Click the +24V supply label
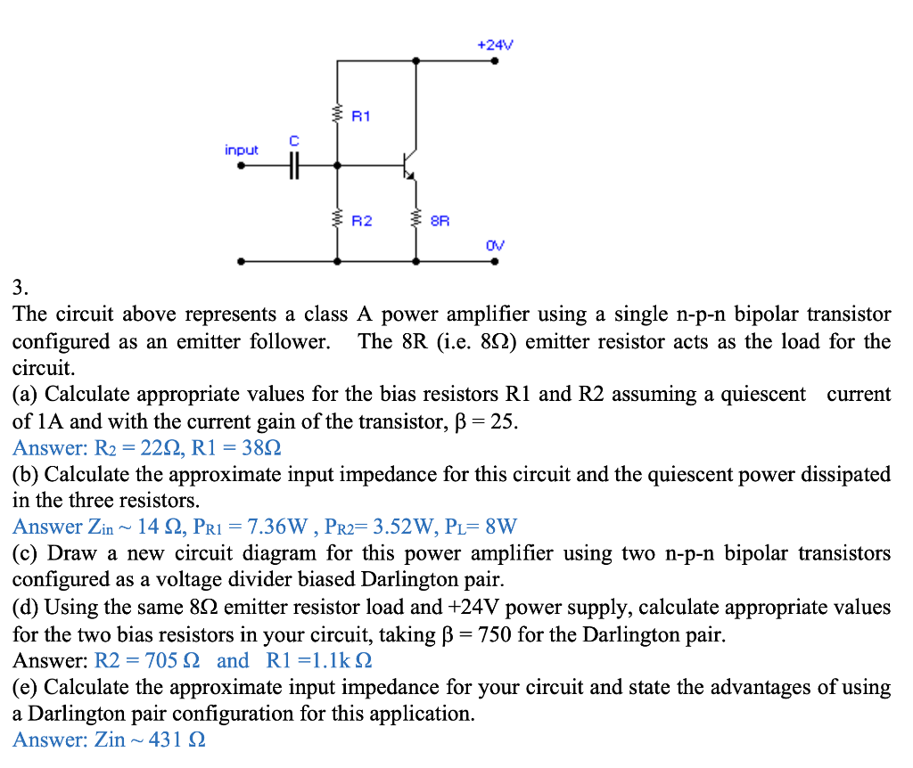point(496,44)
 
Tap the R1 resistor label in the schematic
point(361,116)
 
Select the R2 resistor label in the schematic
point(361,218)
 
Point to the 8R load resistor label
point(440,218)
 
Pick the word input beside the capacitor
point(241,150)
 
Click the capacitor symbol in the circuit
point(294,165)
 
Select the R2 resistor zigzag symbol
point(337,217)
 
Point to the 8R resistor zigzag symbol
point(415,217)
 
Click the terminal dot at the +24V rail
point(495,61)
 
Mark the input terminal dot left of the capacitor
point(229,165)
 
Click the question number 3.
point(20,287)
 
